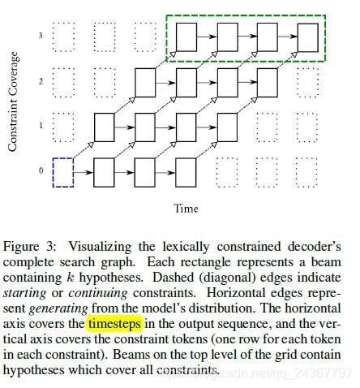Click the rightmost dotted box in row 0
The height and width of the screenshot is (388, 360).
coord(308,172)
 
